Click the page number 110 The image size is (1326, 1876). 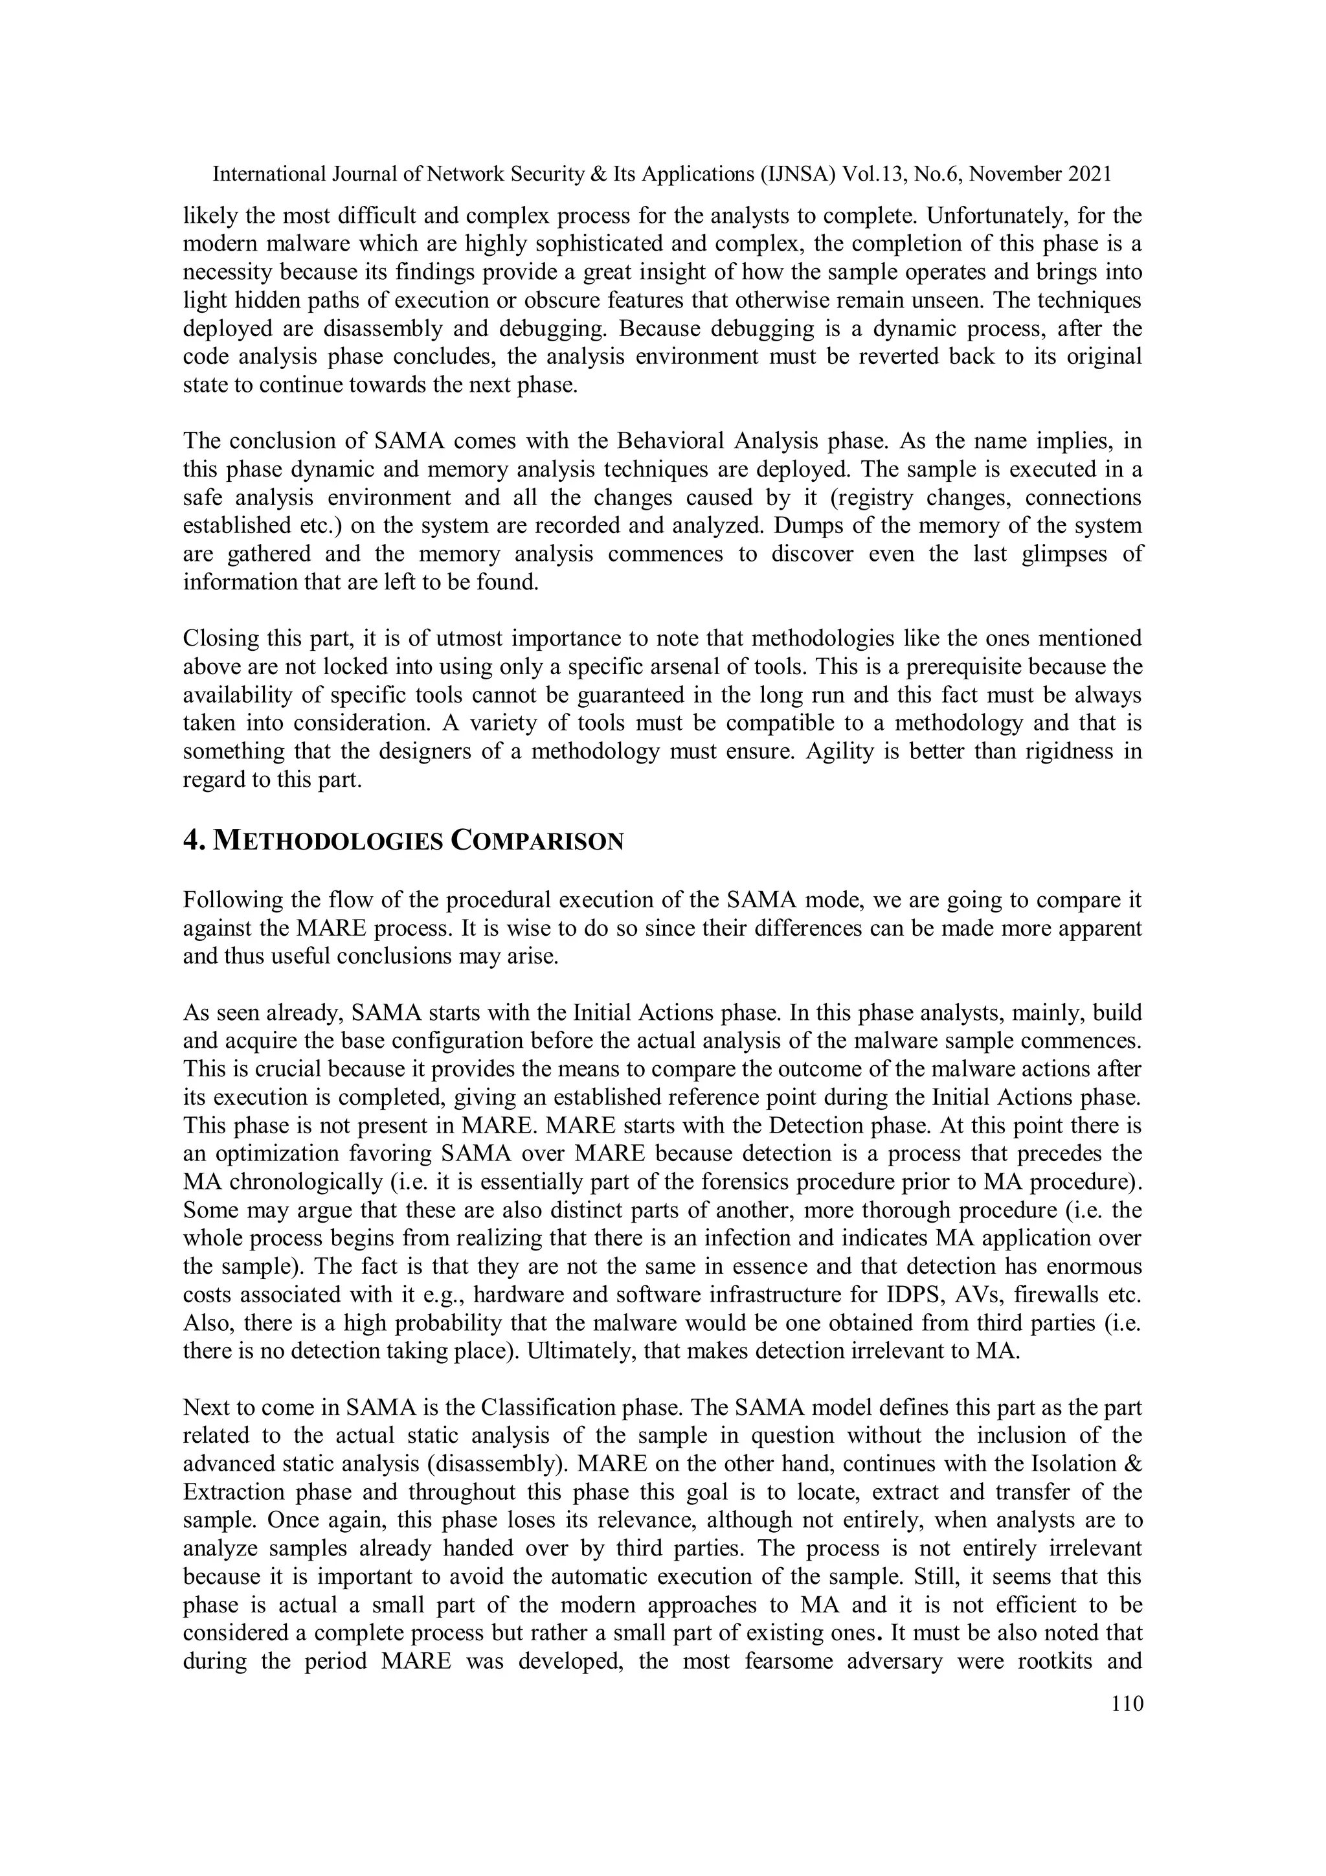[1127, 1703]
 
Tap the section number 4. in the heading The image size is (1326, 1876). [194, 841]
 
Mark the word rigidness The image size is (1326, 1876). [1064, 751]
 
